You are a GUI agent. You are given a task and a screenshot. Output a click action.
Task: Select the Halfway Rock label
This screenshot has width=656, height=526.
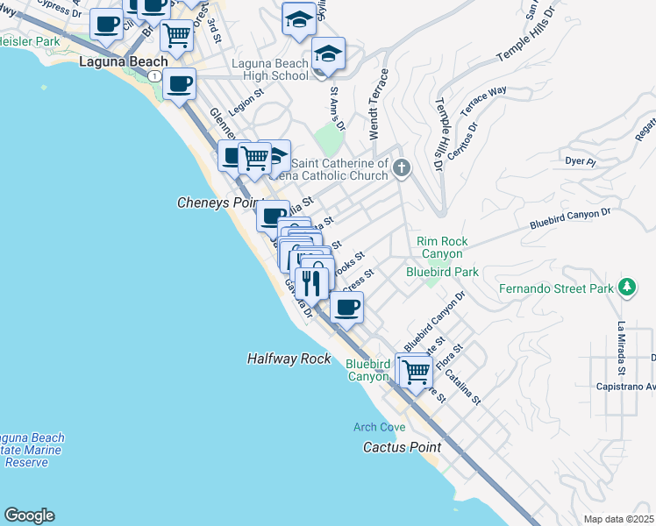pos(289,359)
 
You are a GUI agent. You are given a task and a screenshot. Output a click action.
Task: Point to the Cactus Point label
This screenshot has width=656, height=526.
pos(402,447)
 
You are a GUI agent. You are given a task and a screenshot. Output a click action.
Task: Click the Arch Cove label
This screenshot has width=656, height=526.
pos(379,427)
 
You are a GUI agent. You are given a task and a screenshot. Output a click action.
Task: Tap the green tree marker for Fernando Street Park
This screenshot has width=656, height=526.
pos(626,288)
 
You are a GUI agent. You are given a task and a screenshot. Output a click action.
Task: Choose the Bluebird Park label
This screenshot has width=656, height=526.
pos(442,273)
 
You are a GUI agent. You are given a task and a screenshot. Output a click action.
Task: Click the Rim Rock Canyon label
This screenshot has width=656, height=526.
pos(442,247)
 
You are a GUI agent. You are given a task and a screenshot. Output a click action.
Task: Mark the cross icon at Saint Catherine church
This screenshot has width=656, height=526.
pos(402,167)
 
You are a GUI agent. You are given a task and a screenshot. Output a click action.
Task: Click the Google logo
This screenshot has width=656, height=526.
pos(29,515)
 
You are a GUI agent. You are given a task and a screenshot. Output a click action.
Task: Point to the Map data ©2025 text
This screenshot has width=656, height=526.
pos(619,519)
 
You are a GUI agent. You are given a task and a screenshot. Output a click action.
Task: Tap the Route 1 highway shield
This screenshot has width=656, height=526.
pos(154,77)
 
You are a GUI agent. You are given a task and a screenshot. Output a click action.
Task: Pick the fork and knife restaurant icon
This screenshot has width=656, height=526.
pos(310,281)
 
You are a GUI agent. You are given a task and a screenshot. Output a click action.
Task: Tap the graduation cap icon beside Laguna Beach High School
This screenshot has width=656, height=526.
pos(329,53)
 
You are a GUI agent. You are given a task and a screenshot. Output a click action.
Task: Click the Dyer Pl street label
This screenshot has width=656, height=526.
pos(580,162)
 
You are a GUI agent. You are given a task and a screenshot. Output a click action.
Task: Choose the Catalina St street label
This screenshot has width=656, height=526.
pos(463,387)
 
